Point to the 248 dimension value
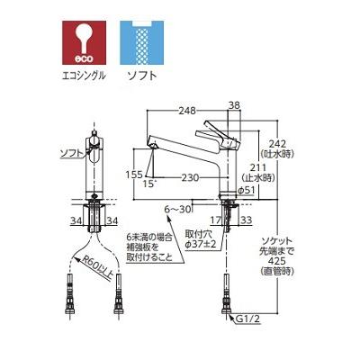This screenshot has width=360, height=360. click(x=187, y=112)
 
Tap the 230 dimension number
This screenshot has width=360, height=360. click(x=190, y=177)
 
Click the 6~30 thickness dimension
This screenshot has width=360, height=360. click(x=177, y=208)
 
